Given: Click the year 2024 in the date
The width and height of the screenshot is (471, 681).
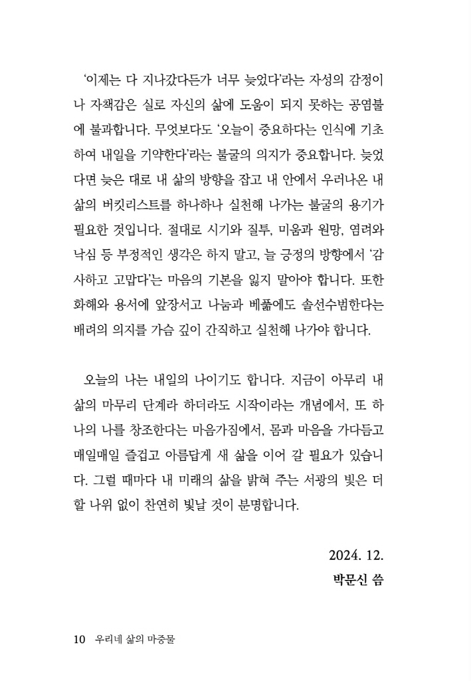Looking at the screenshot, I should point(343,554).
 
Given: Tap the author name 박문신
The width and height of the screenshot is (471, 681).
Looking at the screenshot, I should point(349,579).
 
